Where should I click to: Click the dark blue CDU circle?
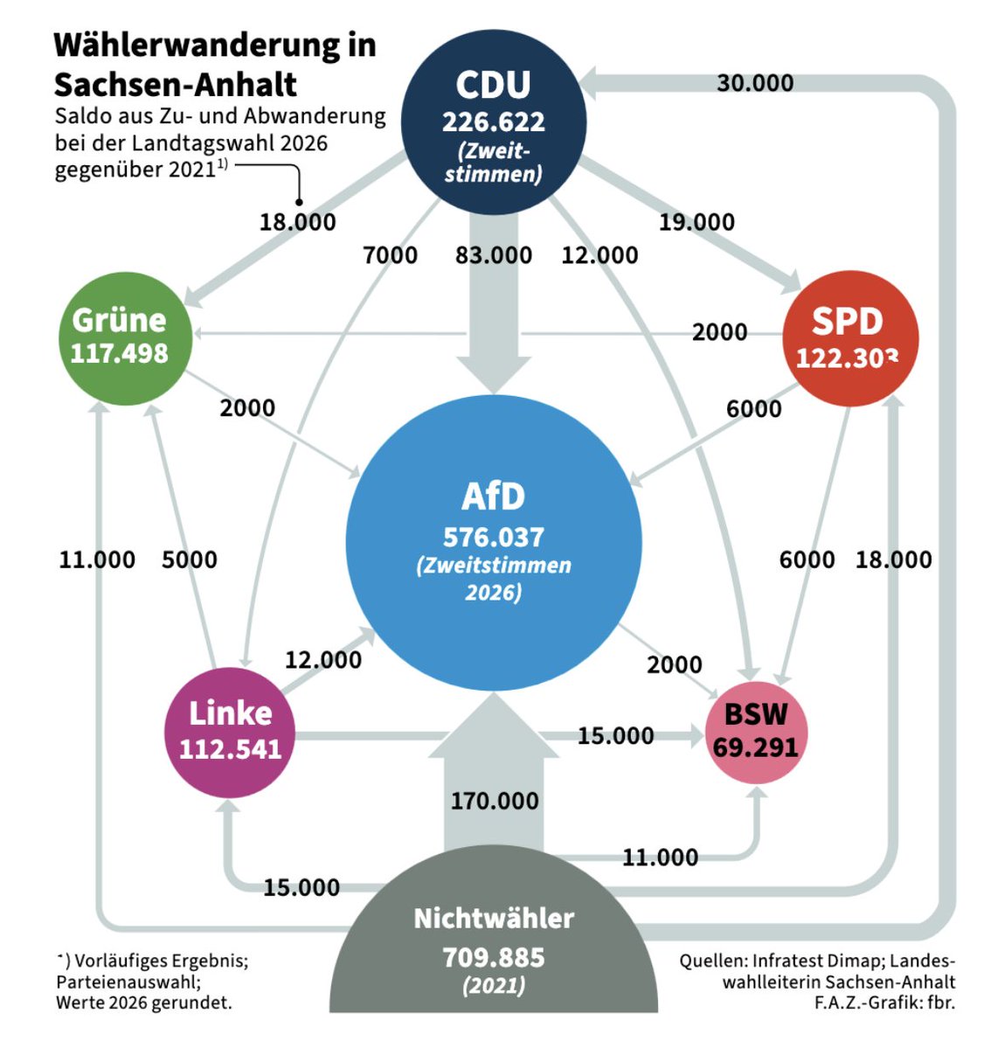click(x=494, y=122)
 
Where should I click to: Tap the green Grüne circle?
click(x=126, y=338)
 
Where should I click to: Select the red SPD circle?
click(x=850, y=338)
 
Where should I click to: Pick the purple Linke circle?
click(x=231, y=733)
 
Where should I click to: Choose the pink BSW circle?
click(x=757, y=733)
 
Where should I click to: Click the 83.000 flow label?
click(x=494, y=255)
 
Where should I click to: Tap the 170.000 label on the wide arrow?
click(x=495, y=802)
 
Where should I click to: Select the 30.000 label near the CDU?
click(x=755, y=83)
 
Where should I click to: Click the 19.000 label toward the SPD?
click(x=696, y=222)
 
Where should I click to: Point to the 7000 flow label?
click(x=391, y=255)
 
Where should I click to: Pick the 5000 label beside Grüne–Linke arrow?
click(x=189, y=559)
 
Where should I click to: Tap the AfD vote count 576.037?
click(x=494, y=538)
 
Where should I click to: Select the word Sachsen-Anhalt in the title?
click(x=176, y=85)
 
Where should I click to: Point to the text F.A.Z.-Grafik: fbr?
click(x=884, y=1002)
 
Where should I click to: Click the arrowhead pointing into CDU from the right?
click(x=588, y=83)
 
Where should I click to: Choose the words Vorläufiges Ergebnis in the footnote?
click(x=161, y=960)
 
